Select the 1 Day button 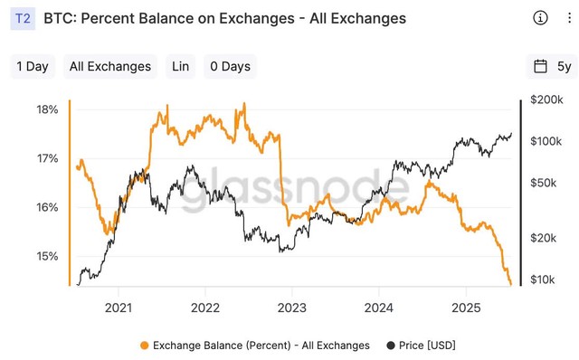[x=33, y=66]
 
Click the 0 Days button [x=229, y=66]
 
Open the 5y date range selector [x=552, y=66]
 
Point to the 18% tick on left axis [x=47, y=109]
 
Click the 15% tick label [x=47, y=256]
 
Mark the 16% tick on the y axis [x=47, y=207]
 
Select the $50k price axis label [x=546, y=183]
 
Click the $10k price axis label [x=546, y=279]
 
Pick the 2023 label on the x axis [x=291, y=307]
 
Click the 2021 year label [x=119, y=307]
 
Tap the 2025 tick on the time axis [x=465, y=307]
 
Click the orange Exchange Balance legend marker [x=145, y=346]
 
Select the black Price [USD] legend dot [x=391, y=346]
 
